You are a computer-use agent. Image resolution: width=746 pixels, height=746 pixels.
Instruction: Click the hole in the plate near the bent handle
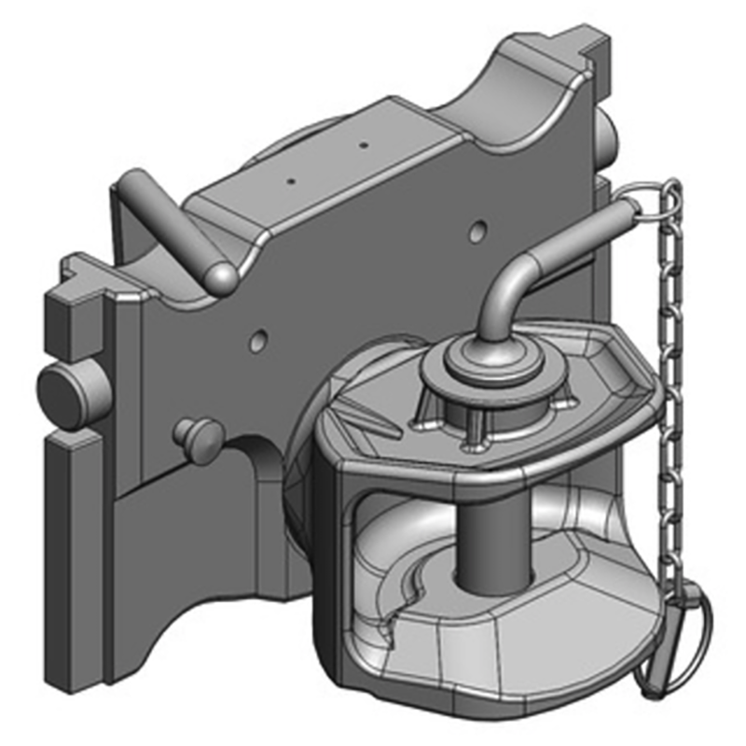pyautogui.click(x=478, y=228)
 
